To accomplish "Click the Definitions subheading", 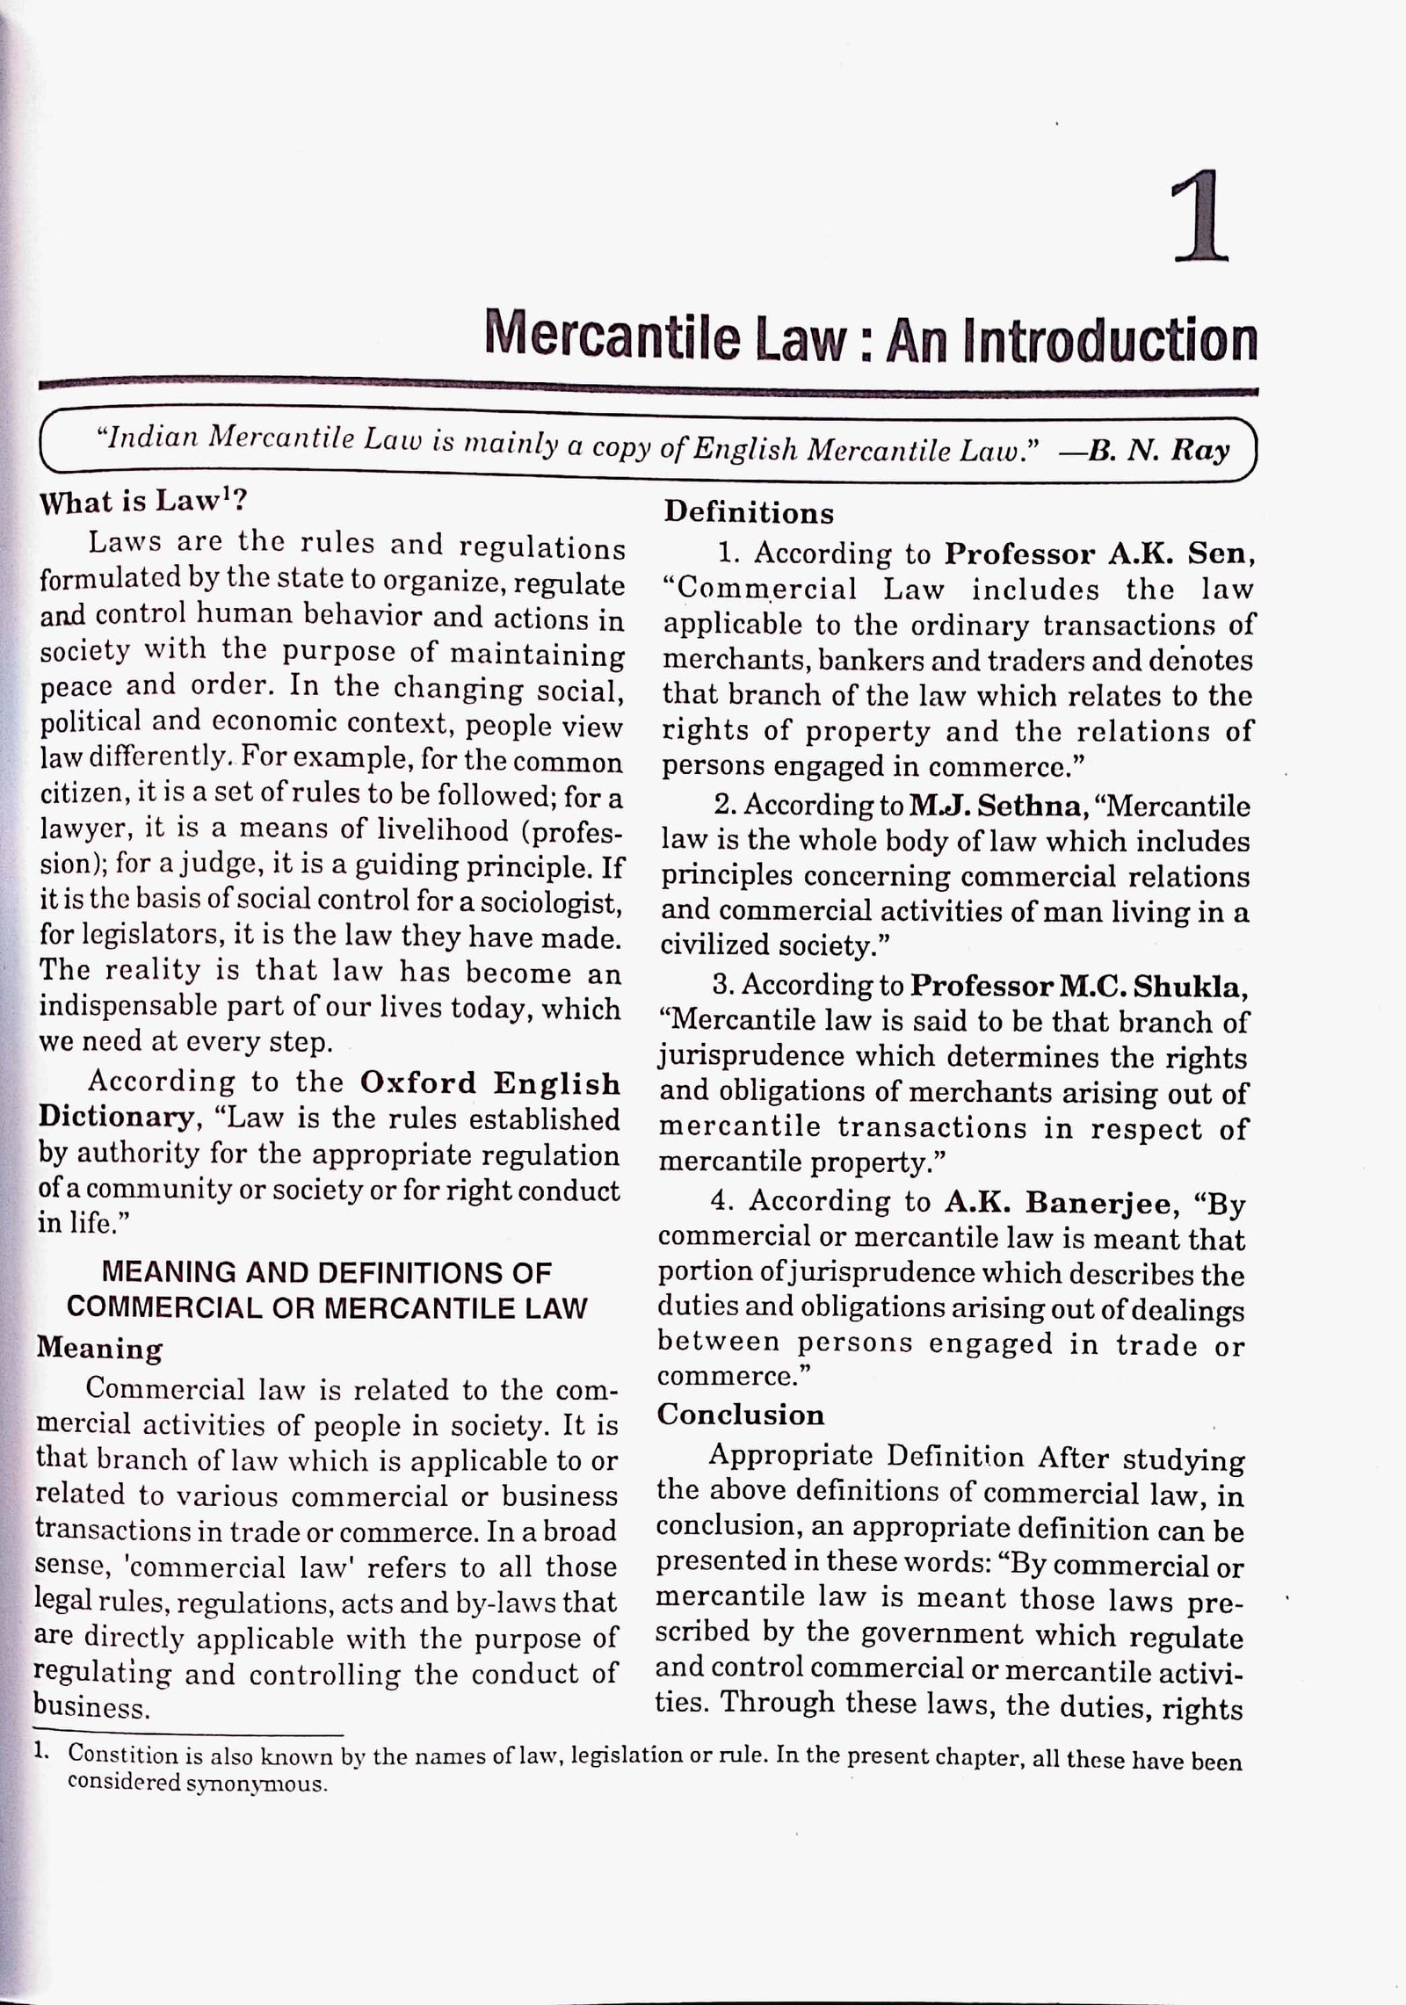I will (x=749, y=512).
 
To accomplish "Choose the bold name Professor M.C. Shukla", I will (x=1078, y=986).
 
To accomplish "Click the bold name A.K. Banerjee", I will (x=1062, y=1201).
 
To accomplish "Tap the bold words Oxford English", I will (x=490, y=1082).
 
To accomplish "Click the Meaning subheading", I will (x=99, y=1348).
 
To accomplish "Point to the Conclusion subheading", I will (x=741, y=1415).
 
